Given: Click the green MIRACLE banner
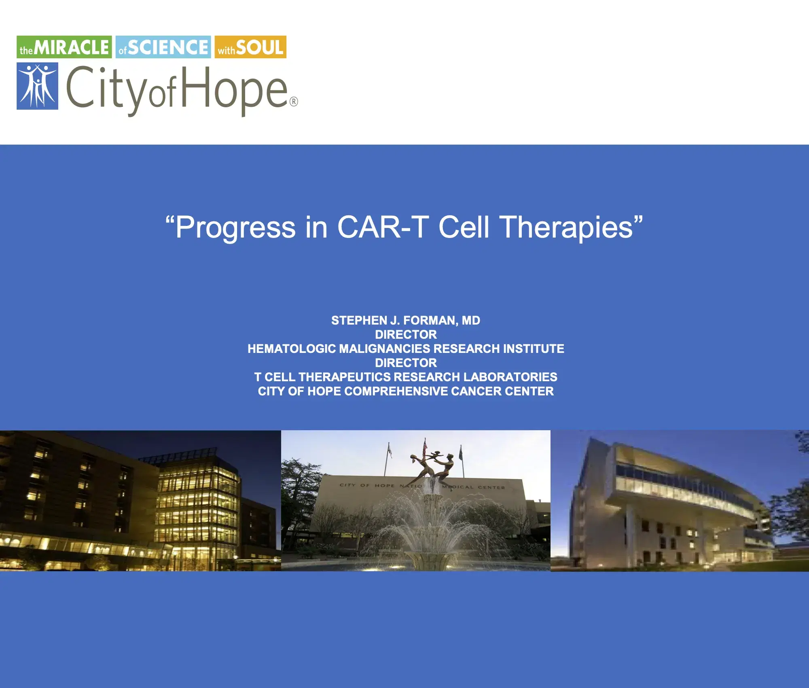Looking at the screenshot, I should [64, 47].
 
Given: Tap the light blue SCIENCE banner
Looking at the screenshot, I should [163, 47].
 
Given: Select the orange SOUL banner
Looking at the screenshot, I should [250, 47].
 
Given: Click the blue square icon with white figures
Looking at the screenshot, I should [37, 86].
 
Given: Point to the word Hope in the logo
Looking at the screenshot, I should [235, 89].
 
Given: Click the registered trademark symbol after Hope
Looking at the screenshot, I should [294, 102].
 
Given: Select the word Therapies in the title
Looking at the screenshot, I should [566, 227].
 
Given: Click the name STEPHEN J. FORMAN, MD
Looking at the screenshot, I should [405, 321].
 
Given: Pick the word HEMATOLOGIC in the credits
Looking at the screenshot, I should [291, 349].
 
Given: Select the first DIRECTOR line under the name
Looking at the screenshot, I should [405, 335].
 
